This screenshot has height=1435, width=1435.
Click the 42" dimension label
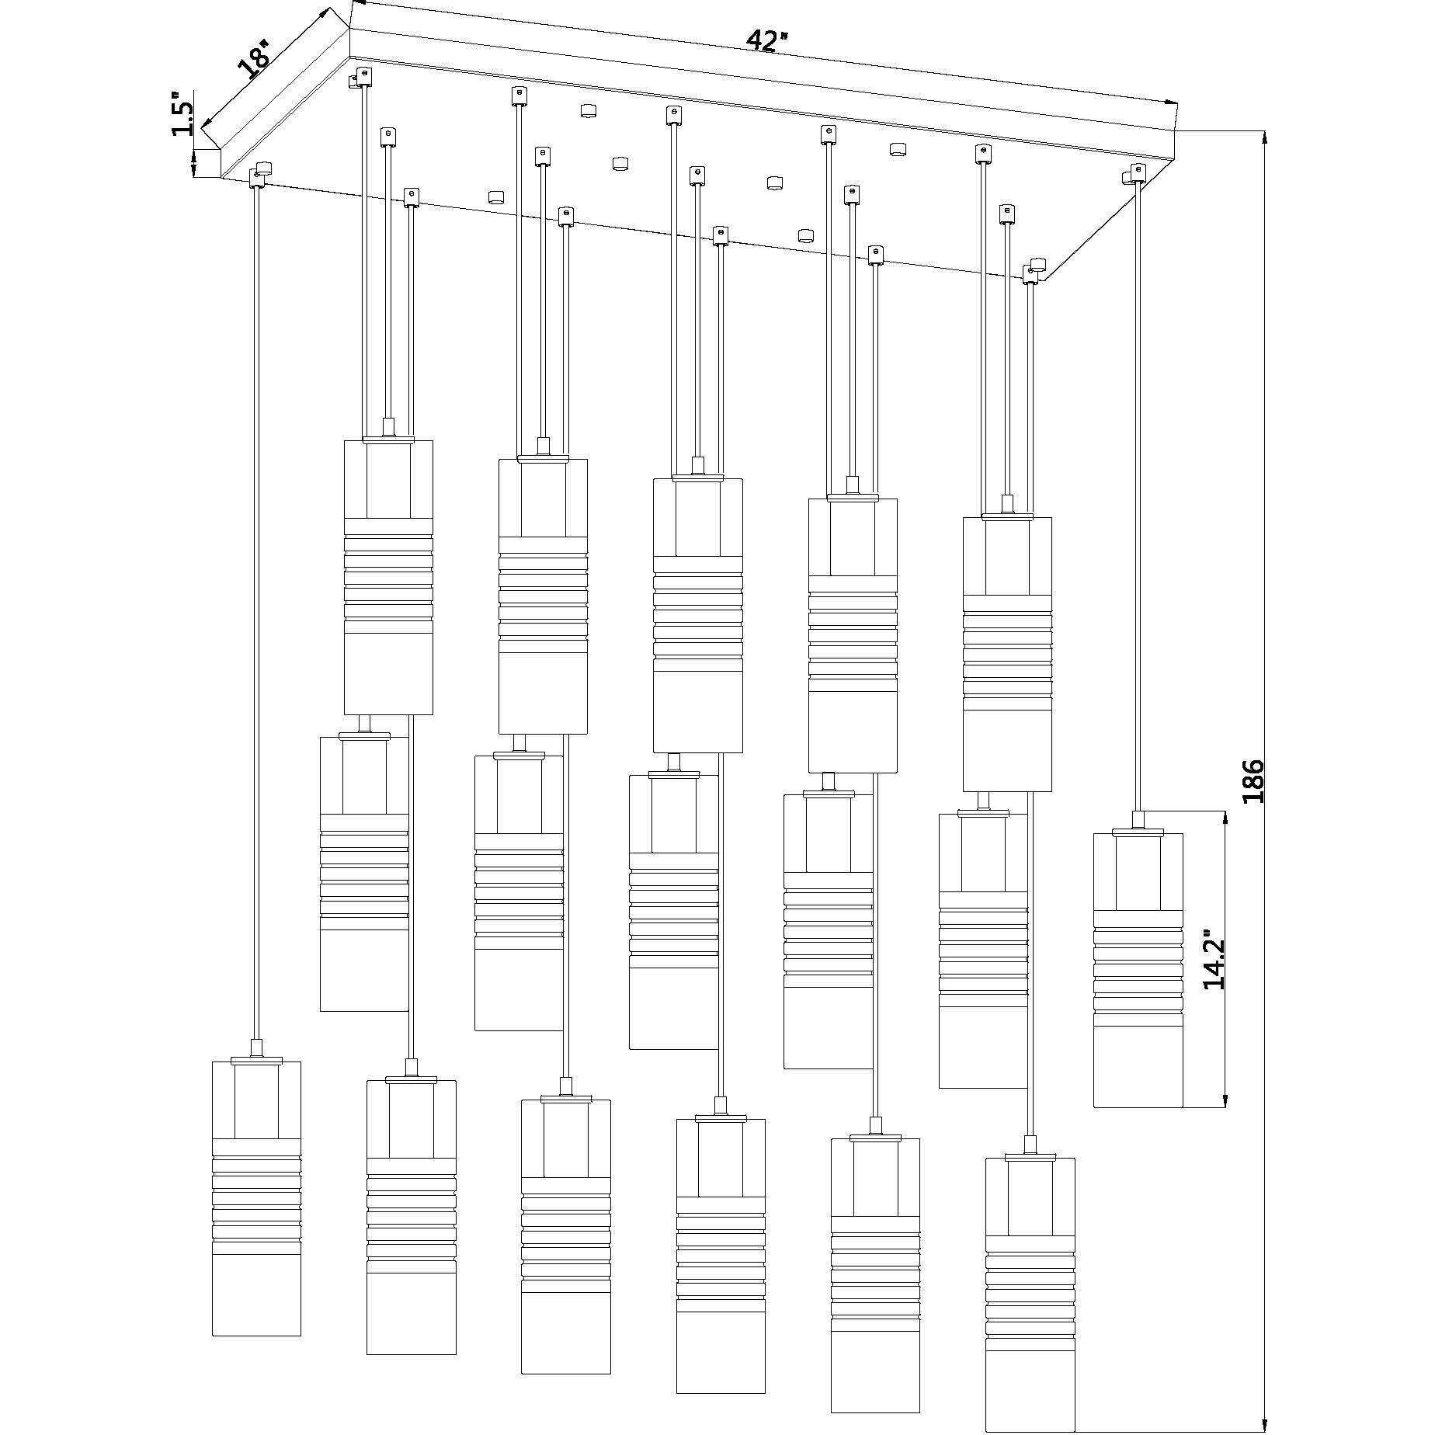tap(765, 40)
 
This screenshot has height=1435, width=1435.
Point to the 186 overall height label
tap(1253, 782)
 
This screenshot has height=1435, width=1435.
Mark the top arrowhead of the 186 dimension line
tap(1265, 137)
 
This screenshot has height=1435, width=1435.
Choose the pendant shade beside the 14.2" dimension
tap(1138, 971)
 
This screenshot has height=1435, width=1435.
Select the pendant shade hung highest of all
tap(388, 578)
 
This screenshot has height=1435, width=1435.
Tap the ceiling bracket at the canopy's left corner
tap(259, 174)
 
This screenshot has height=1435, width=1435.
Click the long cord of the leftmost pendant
tap(256, 606)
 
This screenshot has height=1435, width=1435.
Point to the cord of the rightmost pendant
tap(1138, 497)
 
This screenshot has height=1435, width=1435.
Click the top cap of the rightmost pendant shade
tap(1138, 832)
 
